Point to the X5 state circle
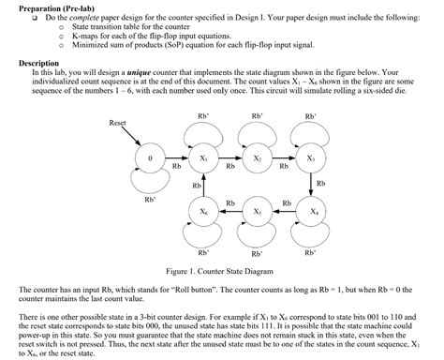click(x=257, y=212)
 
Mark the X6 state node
click(x=203, y=212)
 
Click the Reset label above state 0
click(x=117, y=123)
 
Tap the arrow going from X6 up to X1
click(x=203, y=186)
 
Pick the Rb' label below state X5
click(x=257, y=253)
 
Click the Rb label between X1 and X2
click(x=229, y=167)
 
